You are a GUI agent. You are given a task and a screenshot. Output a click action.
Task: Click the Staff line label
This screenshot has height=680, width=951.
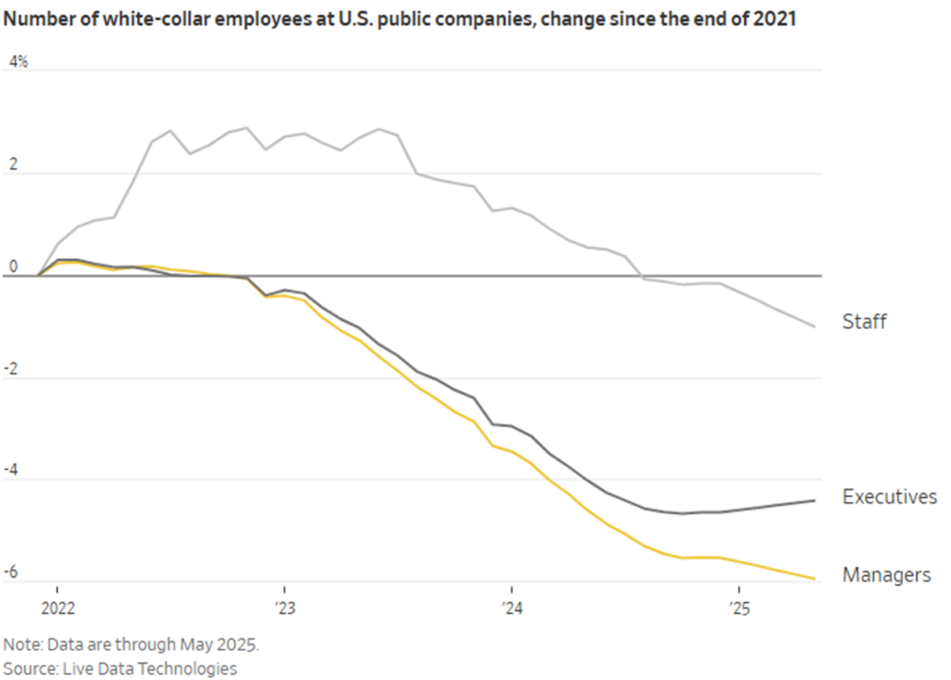[x=864, y=321]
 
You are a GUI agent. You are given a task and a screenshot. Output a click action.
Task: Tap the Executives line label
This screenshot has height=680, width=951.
[x=889, y=497]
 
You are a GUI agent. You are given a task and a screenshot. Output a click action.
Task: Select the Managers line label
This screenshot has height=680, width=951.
[x=886, y=575]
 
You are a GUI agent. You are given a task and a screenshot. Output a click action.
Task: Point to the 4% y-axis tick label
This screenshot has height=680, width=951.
[x=18, y=62]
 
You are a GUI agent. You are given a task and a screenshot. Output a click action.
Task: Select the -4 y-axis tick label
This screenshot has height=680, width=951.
[x=12, y=470]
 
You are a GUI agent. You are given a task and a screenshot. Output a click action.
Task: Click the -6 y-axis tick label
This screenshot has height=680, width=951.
[x=12, y=572]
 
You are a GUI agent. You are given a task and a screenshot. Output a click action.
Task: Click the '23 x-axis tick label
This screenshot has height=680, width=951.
[x=284, y=608]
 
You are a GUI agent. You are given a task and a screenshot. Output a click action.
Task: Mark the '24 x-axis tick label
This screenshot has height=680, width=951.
[x=511, y=608]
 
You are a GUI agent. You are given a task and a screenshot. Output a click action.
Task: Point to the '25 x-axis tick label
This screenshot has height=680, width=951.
[x=739, y=608]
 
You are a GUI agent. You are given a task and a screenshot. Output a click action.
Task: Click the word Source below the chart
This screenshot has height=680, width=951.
[x=28, y=668]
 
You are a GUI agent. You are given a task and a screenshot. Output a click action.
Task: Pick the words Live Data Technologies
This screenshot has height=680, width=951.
[x=149, y=668]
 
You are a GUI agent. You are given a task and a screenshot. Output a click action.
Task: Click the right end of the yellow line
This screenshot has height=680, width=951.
[x=814, y=578]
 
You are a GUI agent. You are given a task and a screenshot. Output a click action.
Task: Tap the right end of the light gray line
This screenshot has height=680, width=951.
[x=814, y=326]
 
